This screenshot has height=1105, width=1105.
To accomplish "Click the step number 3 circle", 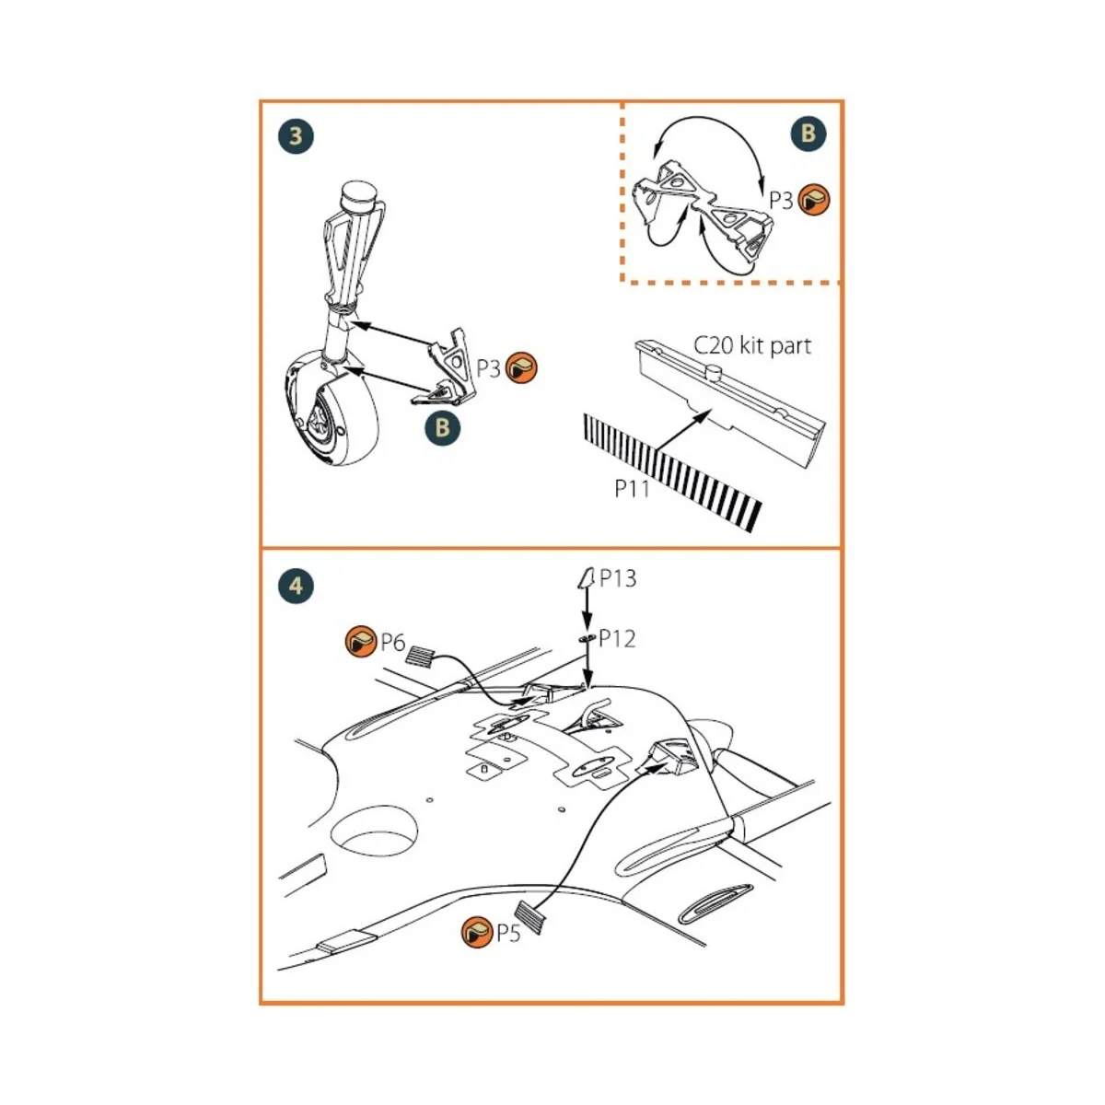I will (x=296, y=136).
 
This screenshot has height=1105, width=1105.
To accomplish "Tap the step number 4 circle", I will (x=296, y=586).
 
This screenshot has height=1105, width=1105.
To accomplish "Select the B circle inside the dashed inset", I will (x=808, y=134).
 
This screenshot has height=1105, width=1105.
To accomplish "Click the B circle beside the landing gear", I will (x=442, y=427).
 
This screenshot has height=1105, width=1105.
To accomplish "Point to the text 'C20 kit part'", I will (x=751, y=346).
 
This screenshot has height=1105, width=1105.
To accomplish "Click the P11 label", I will (x=632, y=489).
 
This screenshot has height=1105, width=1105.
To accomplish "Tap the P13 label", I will (x=618, y=578).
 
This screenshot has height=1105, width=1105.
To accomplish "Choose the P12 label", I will (x=617, y=639).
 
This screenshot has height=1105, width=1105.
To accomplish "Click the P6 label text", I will (x=393, y=643).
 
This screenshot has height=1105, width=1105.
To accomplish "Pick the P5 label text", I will (x=508, y=934).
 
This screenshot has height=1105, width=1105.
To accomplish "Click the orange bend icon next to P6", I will (x=360, y=642).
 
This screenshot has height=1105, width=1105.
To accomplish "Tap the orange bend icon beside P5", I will (x=477, y=933).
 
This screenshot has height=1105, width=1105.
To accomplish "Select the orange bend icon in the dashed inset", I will (x=814, y=199).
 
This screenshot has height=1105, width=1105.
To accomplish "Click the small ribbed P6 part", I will (x=421, y=657).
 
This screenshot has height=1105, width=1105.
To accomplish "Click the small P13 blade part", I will (x=584, y=578).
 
